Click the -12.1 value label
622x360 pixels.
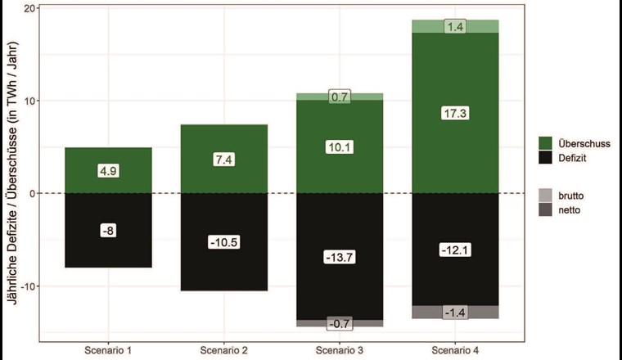[x=456, y=250]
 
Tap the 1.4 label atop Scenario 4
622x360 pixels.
[x=456, y=27]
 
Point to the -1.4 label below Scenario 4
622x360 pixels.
[x=456, y=313]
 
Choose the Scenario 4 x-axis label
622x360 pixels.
[x=456, y=349]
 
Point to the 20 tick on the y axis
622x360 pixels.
[x=30, y=8]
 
